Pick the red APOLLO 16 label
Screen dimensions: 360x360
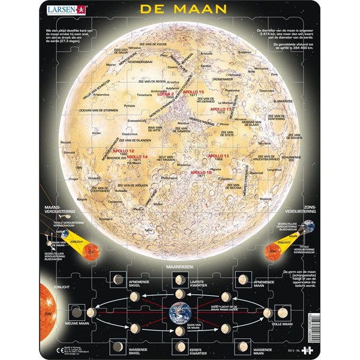[200, 172]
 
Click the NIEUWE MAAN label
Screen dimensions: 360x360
[77, 323]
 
